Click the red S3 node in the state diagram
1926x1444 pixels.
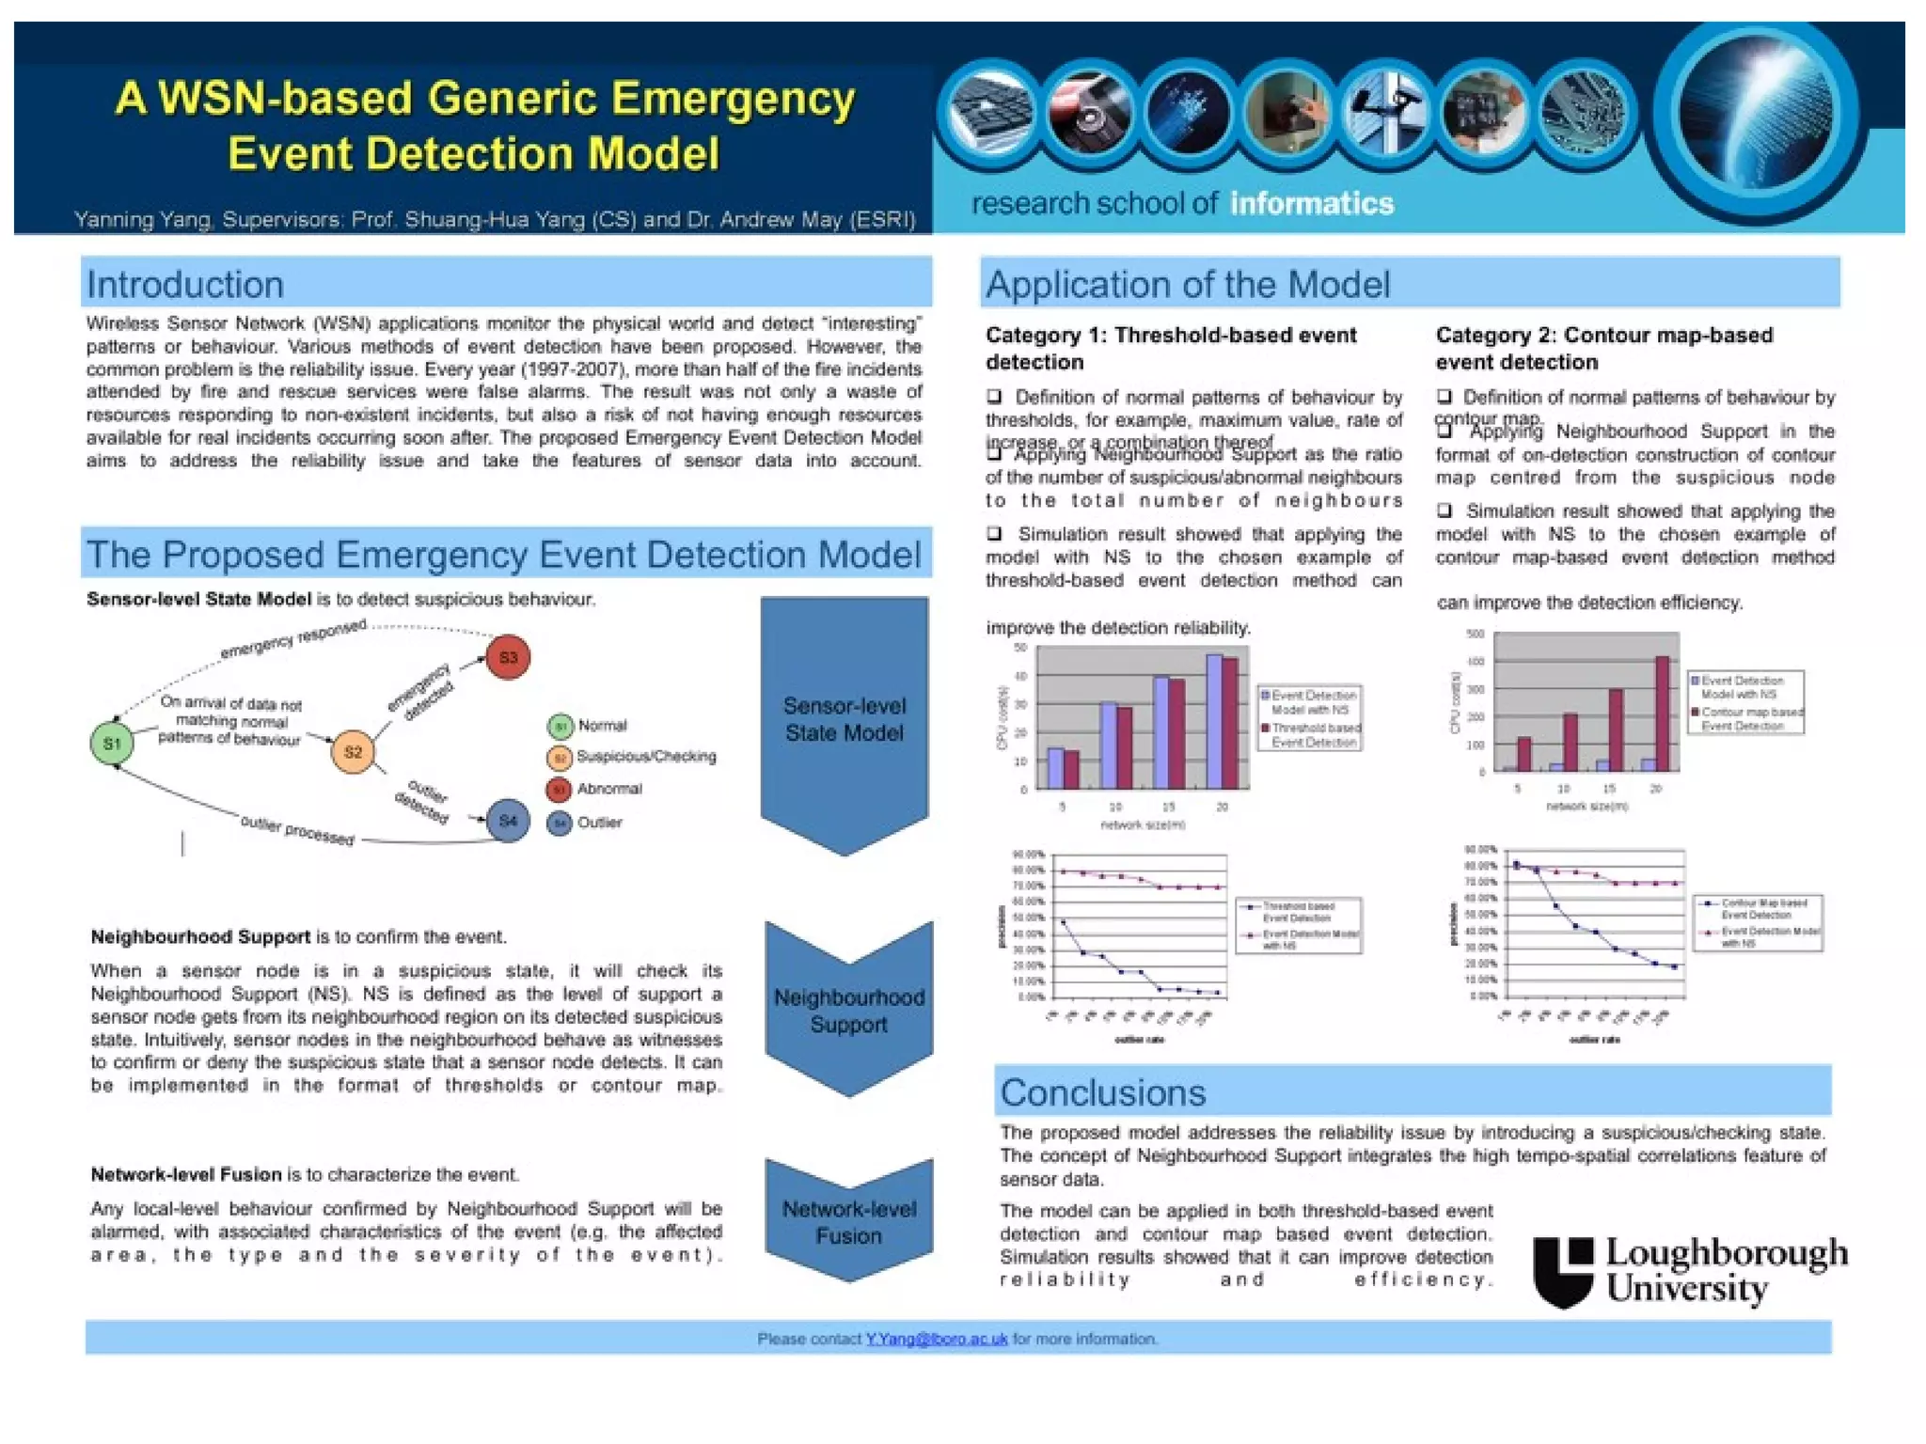(508, 657)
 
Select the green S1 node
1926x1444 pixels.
(112, 744)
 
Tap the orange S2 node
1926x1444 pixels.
(353, 752)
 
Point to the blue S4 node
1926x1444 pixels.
(508, 821)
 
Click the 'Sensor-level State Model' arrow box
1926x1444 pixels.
(844, 719)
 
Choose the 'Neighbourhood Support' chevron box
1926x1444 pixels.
(848, 1010)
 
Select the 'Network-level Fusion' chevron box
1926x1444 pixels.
(848, 1221)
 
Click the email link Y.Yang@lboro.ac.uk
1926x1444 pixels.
(936, 1338)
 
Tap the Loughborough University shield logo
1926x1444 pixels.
(1563, 1271)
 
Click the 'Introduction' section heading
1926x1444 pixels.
(185, 284)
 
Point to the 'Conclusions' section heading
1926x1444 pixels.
(1102, 1092)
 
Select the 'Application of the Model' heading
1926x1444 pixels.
(1187, 284)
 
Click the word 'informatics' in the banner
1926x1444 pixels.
(1312, 203)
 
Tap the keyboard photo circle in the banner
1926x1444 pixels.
(989, 113)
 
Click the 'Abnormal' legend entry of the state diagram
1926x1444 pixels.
(608, 789)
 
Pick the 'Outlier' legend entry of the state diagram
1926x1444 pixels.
(598, 823)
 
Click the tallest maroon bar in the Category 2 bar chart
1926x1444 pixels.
(1662, 714)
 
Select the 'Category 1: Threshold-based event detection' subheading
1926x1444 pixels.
(1170, 348)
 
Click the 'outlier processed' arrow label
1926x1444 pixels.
(297, 830)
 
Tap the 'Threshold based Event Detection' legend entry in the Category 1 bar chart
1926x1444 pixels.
(1314, 734)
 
